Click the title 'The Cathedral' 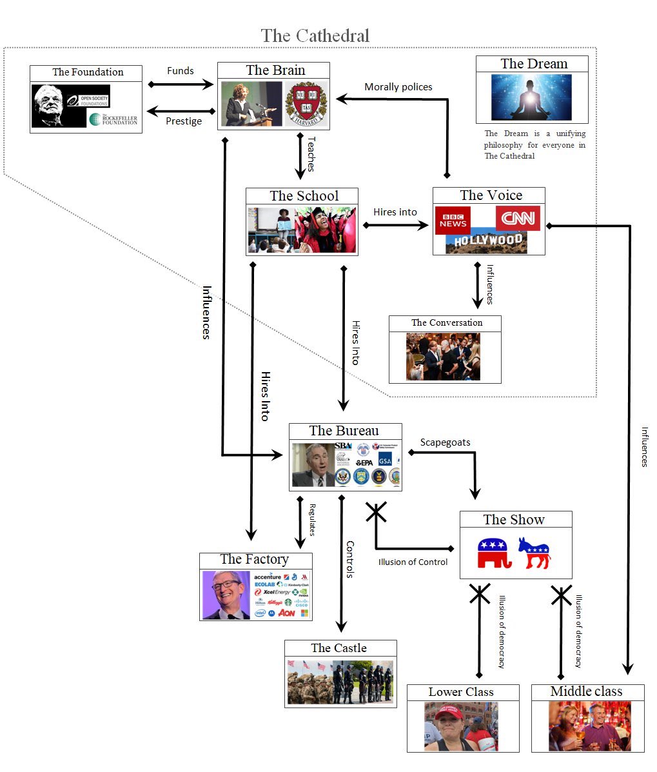coord(315,35)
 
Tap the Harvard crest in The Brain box coord(306,104)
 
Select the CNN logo coord(518,219)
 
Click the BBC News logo coord(453,220)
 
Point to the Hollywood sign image coord(487,242)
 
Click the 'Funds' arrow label coord(180,71)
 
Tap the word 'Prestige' coord(184,121)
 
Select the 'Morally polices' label coord(398,87)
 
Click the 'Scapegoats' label coord(445,442)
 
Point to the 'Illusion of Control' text coord(413,562)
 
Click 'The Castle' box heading coord(338,648)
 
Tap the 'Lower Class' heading coord(461,692)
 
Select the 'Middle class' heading coord(586,691)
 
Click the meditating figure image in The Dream coord(531,97)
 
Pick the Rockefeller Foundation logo coord(114,119)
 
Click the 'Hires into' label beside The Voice coord(395,212)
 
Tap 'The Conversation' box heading coord(447,322)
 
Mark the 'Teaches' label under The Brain coord(311,153)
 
